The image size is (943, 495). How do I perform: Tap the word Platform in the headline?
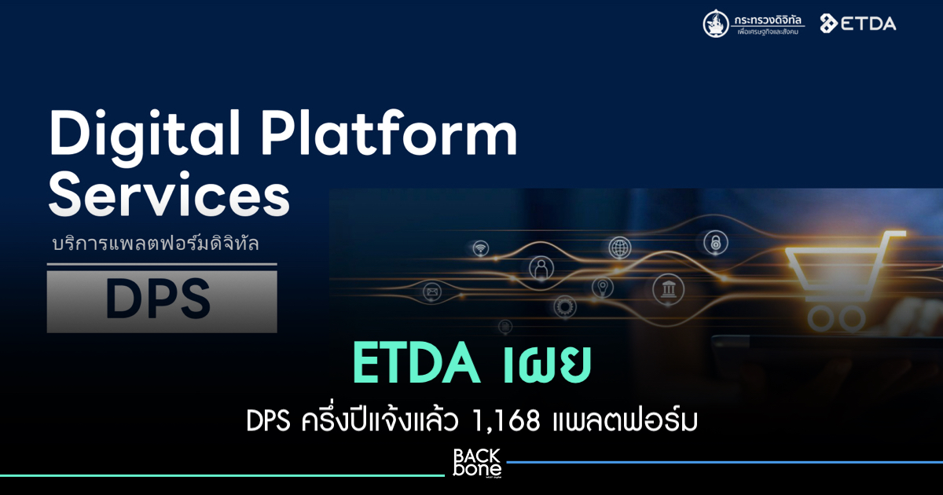pos(390,134)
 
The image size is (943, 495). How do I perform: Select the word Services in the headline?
pos(169,196)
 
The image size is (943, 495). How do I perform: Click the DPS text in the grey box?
pos(158,299)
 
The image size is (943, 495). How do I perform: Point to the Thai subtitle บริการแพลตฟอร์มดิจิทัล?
pos(156,244)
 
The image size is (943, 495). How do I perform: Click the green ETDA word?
pos(416,363)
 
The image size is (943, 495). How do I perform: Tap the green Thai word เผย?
pos(543,363)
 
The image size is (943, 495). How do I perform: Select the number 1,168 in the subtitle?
pos(506,421)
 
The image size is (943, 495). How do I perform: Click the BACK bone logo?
pos(477,463)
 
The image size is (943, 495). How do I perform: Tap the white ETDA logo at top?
pos(858,24)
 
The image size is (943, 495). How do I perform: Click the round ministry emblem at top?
pos(716,24)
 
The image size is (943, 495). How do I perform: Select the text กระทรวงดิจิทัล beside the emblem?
pos(768,20)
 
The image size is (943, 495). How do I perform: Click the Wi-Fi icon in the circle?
pos(480,248)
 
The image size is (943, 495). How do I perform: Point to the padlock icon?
pos(716,242)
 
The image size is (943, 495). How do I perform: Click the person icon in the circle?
pos(541,268)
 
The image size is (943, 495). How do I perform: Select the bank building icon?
pos(668,289)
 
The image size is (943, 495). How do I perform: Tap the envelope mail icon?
pos(432,291)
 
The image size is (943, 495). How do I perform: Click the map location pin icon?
pos(603,288)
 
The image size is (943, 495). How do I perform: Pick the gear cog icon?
pos(564,306)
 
